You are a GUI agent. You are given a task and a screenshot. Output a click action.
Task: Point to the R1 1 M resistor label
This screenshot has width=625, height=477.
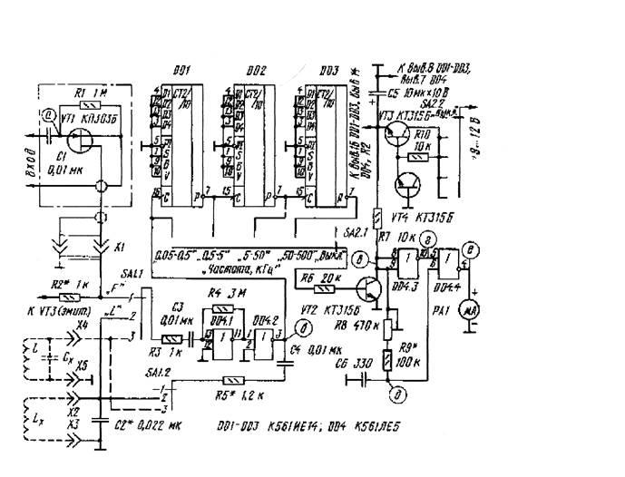point(89,93)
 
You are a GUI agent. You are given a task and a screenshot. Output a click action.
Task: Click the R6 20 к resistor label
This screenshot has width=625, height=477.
point(322,277)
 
